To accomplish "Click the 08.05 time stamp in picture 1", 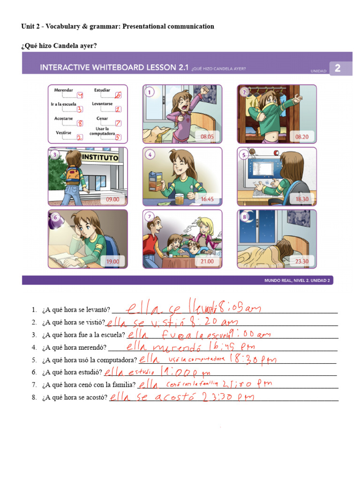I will coord(207,137).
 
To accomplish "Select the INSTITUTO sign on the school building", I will coord(100,158).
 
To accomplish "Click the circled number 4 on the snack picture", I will coord(150,154).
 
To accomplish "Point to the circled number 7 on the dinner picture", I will coord(150,217).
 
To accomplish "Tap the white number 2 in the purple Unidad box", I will coord(337,68).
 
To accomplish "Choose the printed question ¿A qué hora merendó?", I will coord(74,348).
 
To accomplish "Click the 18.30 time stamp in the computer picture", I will coord(302,199).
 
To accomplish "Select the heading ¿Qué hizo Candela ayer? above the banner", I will coord(59,45).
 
